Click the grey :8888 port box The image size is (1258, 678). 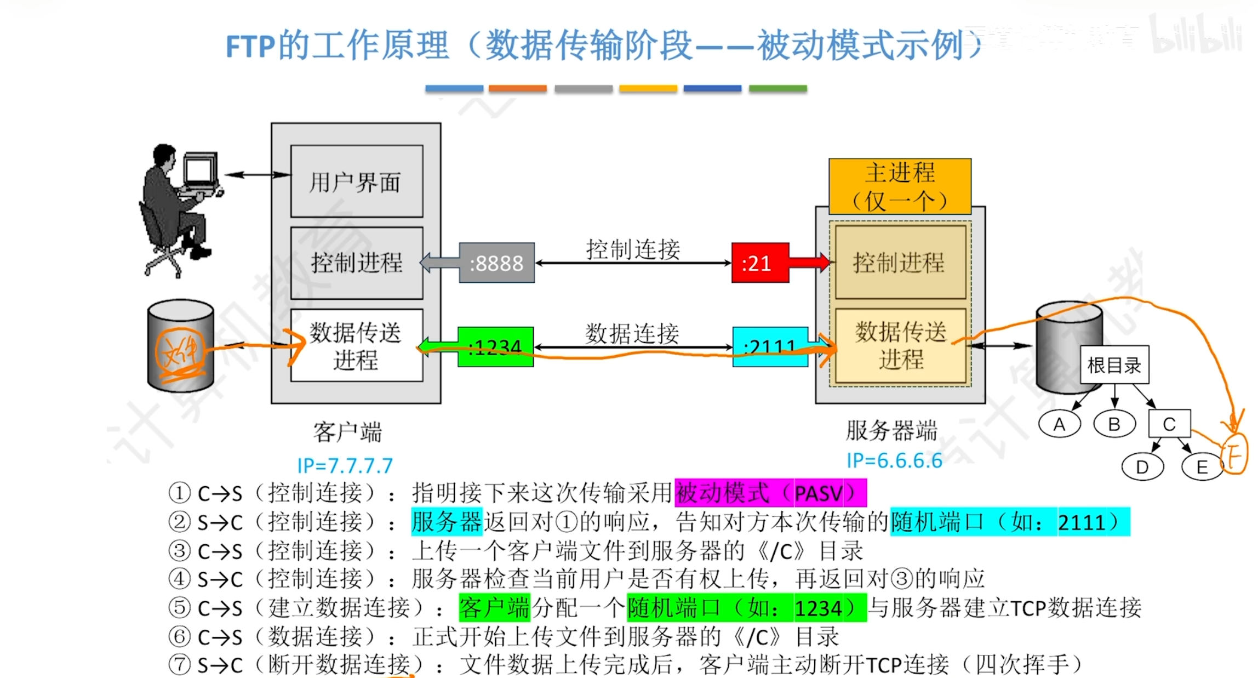pyautogui.click(x=496, y=263)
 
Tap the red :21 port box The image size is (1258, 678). pyautogui.click(x=760, y=263)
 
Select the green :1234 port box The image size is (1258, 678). pyautogui.click(x=495, y=347)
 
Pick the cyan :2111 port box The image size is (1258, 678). pyautogui.click(x=770, y=347)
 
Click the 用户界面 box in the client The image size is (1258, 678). pyautogui.click(x=357, y=181)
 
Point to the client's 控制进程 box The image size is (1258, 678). pyautogui.click(x=357, y=263)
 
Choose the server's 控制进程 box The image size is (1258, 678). pyautogui.click(x=900, y=263)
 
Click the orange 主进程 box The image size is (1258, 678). pyautogui.click(x=900, y=186)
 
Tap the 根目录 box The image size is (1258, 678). pyautogui.click(x=1114, y=365)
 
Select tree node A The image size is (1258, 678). pyautogui.click(x=1060, y=424)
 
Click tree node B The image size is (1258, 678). pyautogui.click(x=1114, y=424)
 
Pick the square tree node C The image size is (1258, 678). pyautogui.click(x=1169, y=424)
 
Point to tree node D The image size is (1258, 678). pyautogui.click(x=1142, y=467)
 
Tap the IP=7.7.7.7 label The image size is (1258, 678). pyautogui.click(x=345, y=466)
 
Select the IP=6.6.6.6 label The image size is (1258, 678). pyautogui.click(x=894, y=461)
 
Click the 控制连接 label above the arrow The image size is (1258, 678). pyautogui.click(x=633, y=249)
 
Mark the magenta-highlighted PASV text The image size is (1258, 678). pyautogui.click(x=819, y=493)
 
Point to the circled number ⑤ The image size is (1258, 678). pyautogui.click(x=179, y=607)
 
